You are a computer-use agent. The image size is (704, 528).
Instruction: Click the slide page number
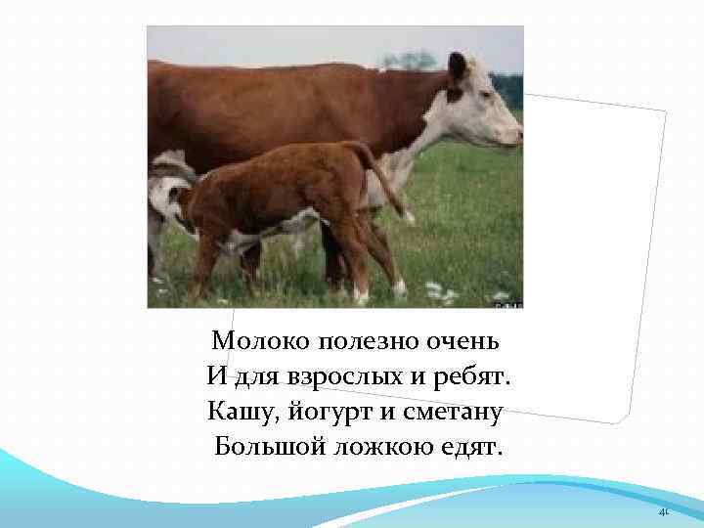(662, 511)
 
